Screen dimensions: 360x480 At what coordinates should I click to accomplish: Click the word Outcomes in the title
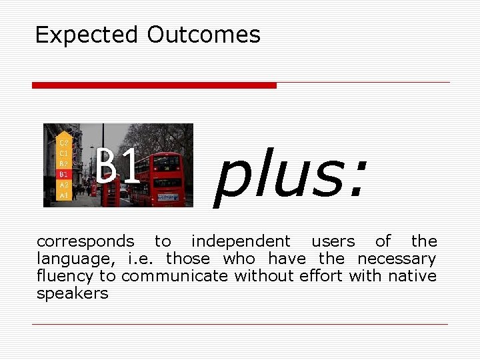203,35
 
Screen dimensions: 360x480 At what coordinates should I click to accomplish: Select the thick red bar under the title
154,85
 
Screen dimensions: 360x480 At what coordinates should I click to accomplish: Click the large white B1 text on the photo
118,167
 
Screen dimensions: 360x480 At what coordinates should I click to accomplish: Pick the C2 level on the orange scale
64,143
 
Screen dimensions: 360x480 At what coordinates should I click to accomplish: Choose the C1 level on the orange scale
64,153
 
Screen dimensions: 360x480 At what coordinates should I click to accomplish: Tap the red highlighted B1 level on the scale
64,174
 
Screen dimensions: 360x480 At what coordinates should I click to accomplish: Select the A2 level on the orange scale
64,185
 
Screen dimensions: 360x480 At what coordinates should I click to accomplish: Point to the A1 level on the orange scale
64,195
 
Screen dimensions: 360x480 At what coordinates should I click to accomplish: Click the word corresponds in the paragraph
85,241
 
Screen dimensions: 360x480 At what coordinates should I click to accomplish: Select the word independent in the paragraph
241,241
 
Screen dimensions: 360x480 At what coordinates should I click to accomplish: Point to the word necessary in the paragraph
397,259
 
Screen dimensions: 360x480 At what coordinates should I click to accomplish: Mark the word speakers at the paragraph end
72,293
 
